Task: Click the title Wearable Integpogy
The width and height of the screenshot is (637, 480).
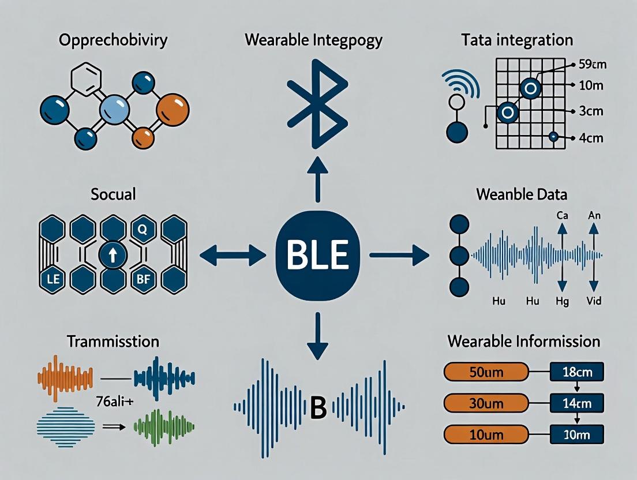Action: (x=313, y=40)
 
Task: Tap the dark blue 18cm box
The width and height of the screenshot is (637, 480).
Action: (x=576, y=371)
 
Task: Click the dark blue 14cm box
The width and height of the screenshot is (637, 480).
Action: (x=576, y=402)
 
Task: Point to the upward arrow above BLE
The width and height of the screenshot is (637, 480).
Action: (x=318, y=174)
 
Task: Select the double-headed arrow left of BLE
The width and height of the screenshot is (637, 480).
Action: (x=233, y=254)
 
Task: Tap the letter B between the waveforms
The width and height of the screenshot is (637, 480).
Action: (x=318, y=408)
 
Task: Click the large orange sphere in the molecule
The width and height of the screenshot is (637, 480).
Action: (x=173, y=108)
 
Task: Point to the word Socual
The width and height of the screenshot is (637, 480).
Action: (x=114, y=193)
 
